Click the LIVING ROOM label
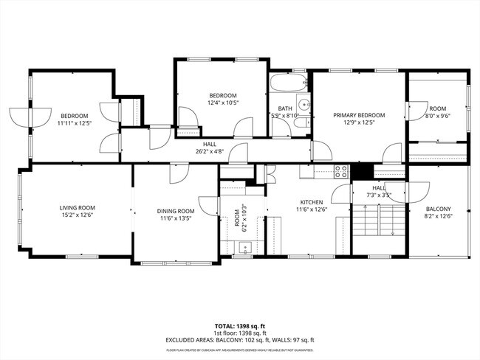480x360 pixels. [x=77, y=208]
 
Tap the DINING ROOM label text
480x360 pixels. [x=176, y=212]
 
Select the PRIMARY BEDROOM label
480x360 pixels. [x=359, y=115]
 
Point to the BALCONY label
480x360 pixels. [x=437, y=209]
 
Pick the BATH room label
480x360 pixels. [x=284, y=108]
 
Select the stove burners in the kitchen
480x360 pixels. [x=341, y=171]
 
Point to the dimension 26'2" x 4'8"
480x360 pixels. [x=210, y=152]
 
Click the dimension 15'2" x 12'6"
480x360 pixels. [x=77, y=216]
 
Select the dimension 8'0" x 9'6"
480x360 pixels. [x=438, y=116]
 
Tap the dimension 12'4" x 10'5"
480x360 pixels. [x=222, y=103]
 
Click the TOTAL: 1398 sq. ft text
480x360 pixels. [x=239, y=325]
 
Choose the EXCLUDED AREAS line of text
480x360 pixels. [x=239, y=339]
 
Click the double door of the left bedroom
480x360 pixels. [x=20, y=117]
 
